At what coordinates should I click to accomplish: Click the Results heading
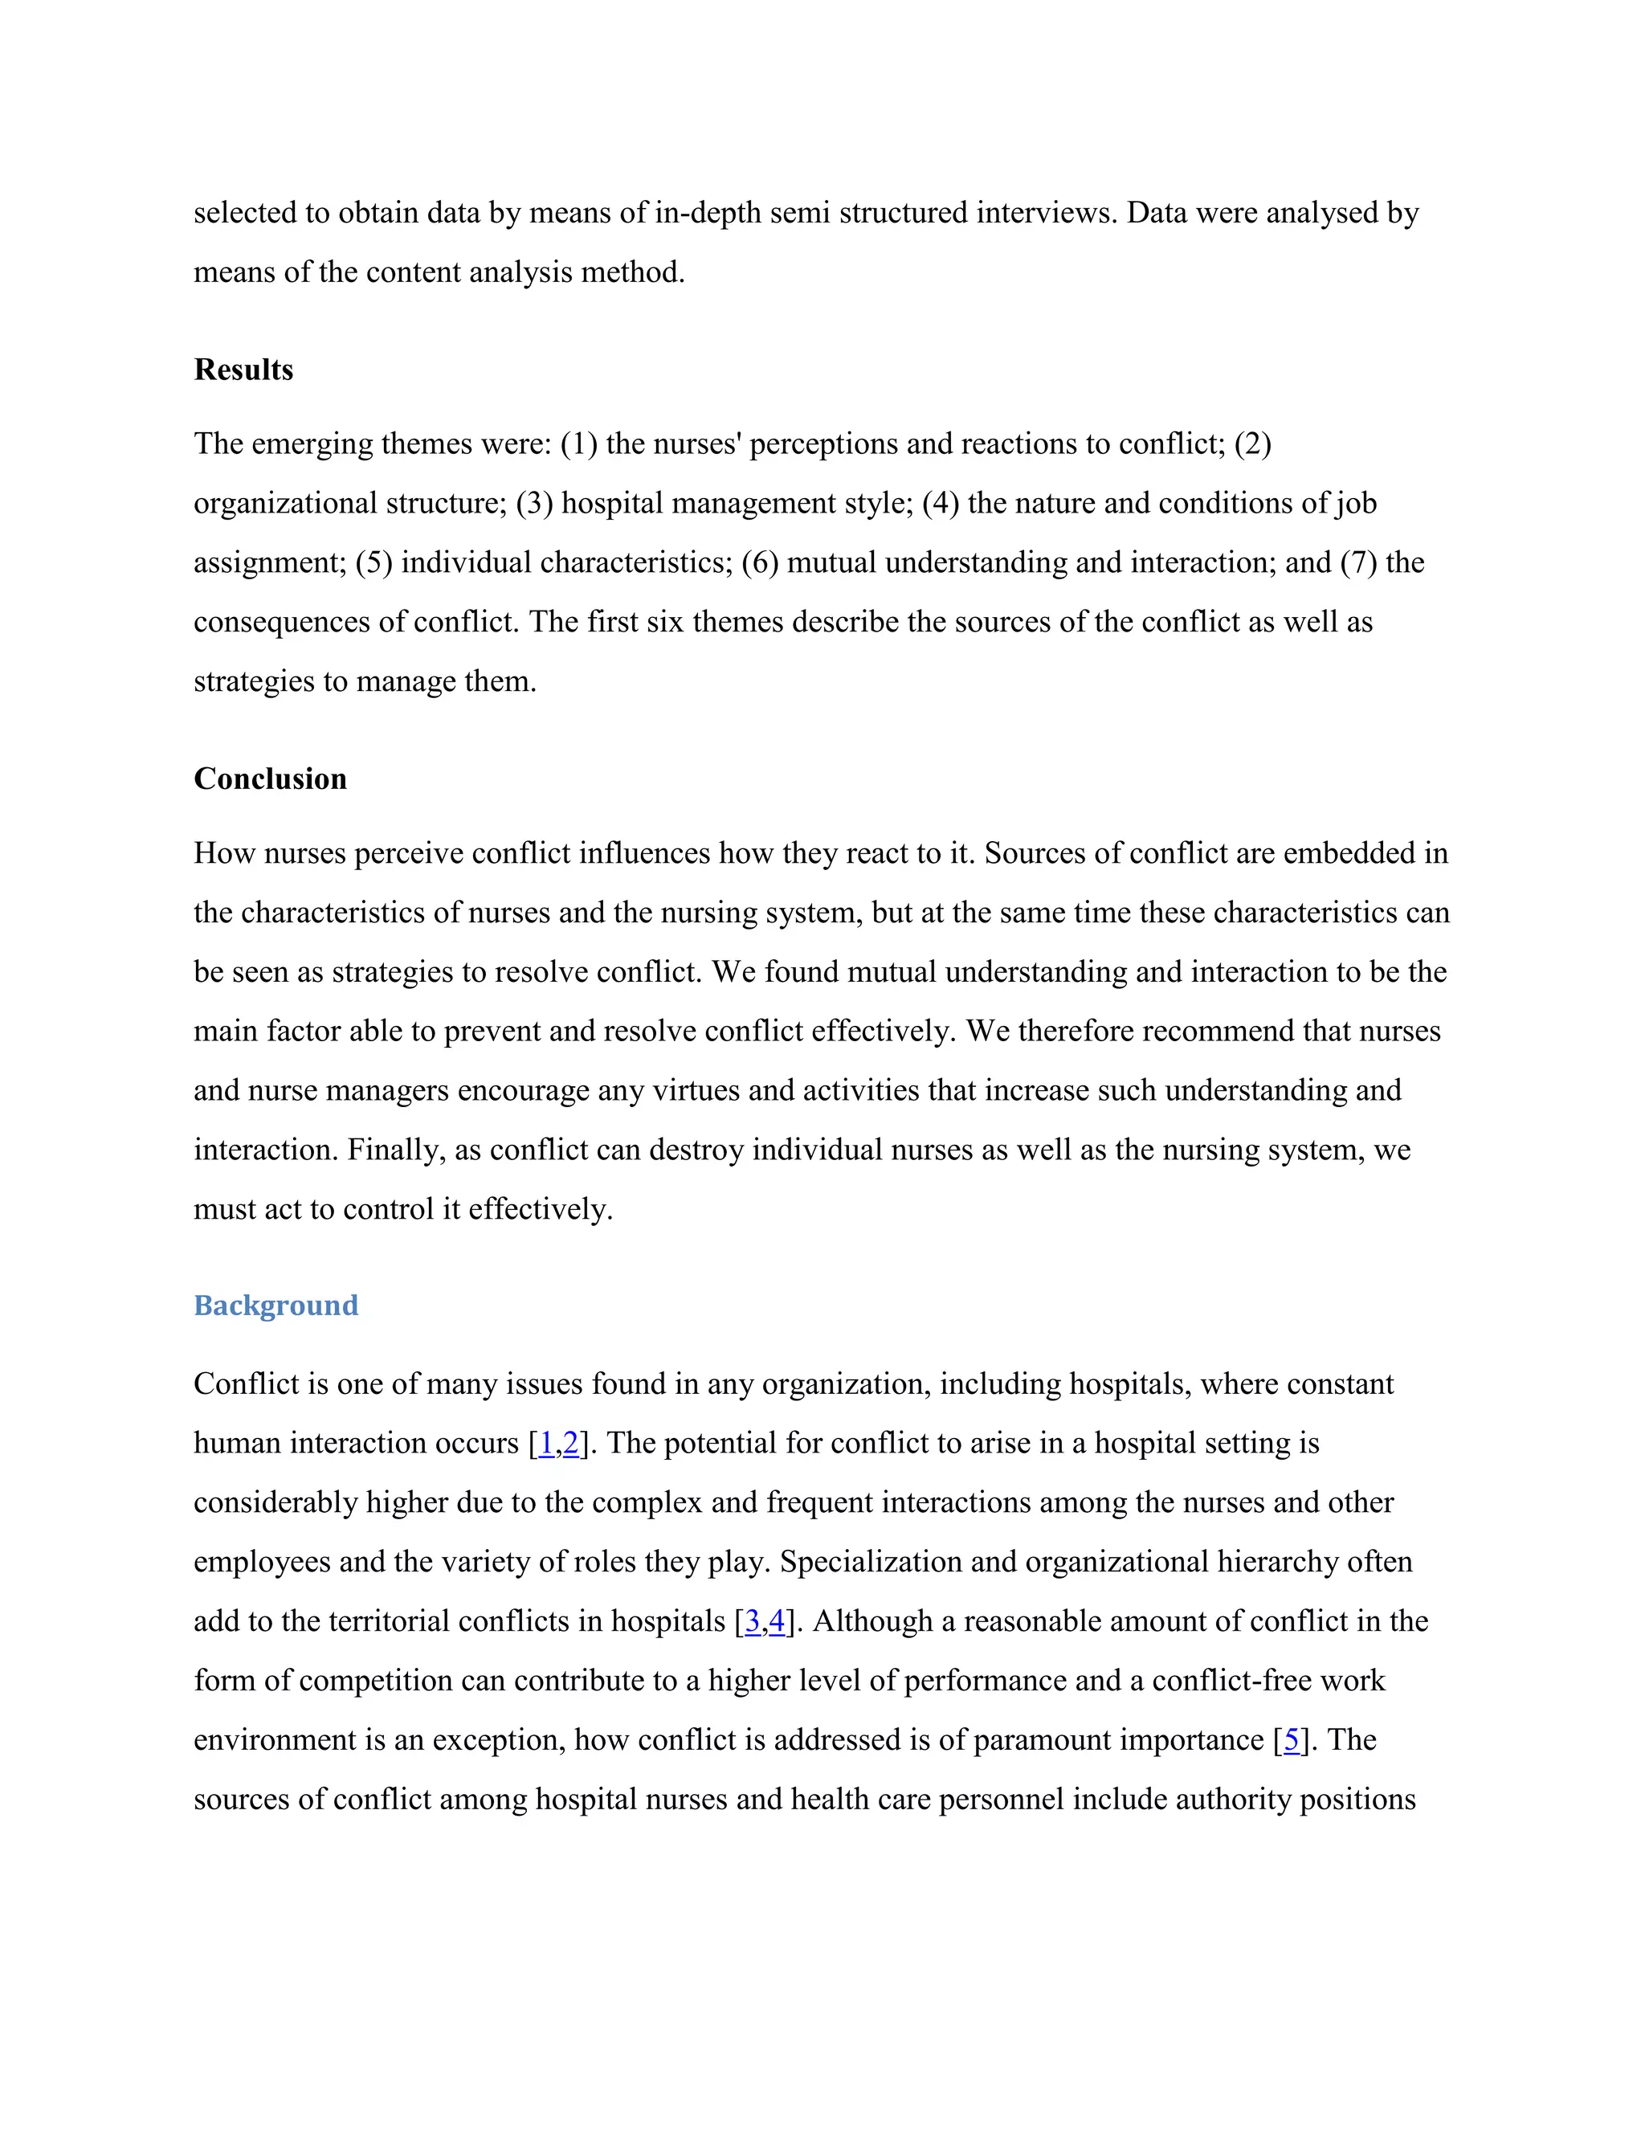click(x=243, y=370)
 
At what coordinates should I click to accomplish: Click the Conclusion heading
click(x=270, y=778)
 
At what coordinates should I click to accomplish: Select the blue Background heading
click(x=276, y=1306)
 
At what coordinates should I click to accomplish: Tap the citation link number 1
click(x=545, y=1443)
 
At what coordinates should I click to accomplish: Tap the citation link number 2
click(x=570, y=1443)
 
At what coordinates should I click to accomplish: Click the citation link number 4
click(x=777, y=1621)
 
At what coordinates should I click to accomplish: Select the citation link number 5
click(x=1292, y=1740)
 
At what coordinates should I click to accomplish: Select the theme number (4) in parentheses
click(x=941, y=503)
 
